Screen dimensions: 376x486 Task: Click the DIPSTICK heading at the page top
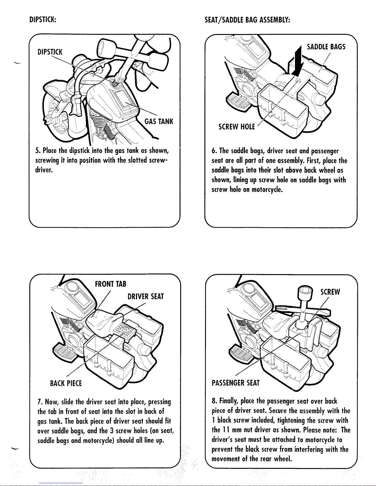point(43,20)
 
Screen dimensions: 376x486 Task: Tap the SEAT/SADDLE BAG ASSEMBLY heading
point(247,20)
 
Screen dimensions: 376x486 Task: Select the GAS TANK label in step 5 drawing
point(159,121)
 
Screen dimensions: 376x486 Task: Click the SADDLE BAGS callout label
point(326,47)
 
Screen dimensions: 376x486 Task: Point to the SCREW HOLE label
point(237,127)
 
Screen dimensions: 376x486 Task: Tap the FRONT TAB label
point(110,284)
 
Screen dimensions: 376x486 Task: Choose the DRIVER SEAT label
point(145,297)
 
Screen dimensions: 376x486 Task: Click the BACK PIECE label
point(66,383)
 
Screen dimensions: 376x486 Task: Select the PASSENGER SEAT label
point(235,383)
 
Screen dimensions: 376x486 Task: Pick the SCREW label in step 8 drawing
point(330,292)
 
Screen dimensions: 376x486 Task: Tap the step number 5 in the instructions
point(37,151)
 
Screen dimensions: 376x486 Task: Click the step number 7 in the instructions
point(40,402)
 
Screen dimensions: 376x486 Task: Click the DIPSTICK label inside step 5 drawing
point(50,52)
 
